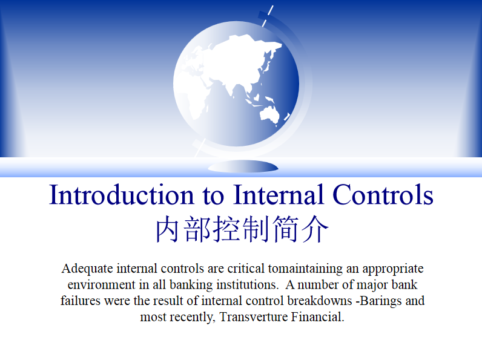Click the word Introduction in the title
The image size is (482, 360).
(122, 195)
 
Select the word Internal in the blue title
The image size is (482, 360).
(278, 194)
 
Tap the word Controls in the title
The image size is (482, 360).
(383, 194)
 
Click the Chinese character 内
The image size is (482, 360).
(168, 229)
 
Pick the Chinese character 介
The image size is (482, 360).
(315, 229)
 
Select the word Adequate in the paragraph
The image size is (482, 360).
(87, 269)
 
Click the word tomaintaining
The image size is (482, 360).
(305, 269)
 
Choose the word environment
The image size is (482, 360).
(102, 285)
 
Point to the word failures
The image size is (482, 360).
(81, 301)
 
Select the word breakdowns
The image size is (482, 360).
(320, 301)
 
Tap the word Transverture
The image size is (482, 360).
(254, 316)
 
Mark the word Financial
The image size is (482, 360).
(317, 316)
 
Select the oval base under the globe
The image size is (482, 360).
(243, 166)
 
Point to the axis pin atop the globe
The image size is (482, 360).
(267, 15)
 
